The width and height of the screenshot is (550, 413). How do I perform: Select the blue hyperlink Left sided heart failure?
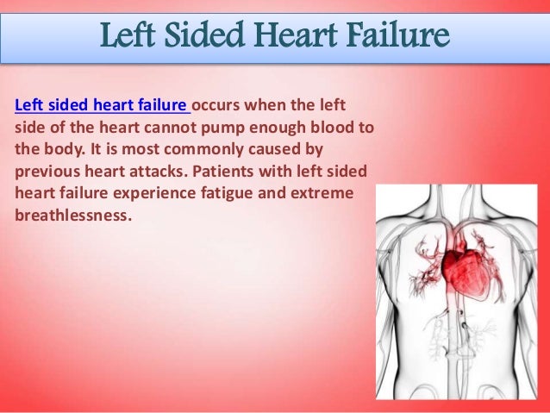[x=102, y=106]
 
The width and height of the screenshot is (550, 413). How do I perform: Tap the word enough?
[x=291, y=127]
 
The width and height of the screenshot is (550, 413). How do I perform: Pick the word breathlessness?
[x=72, y=212]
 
